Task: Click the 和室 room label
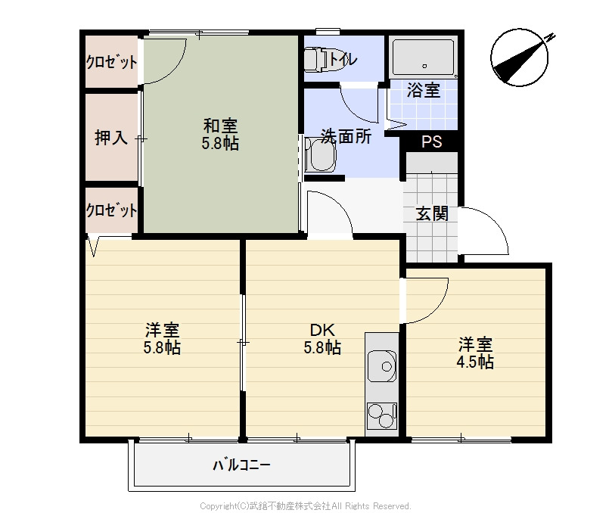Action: (220, 126)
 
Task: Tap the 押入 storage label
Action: (110, 138)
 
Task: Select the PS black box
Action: (432, 141)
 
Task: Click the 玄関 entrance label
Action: (432, 213)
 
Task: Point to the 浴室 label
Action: (424, 91)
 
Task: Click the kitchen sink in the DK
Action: (382, 367)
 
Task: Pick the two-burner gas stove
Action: (382, 417)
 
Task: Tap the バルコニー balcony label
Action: (241, 464)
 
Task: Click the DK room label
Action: (322, 331)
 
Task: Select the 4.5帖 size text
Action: (475, 362)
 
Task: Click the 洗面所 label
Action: (346, 137)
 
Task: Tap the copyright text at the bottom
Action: (305, 505)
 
